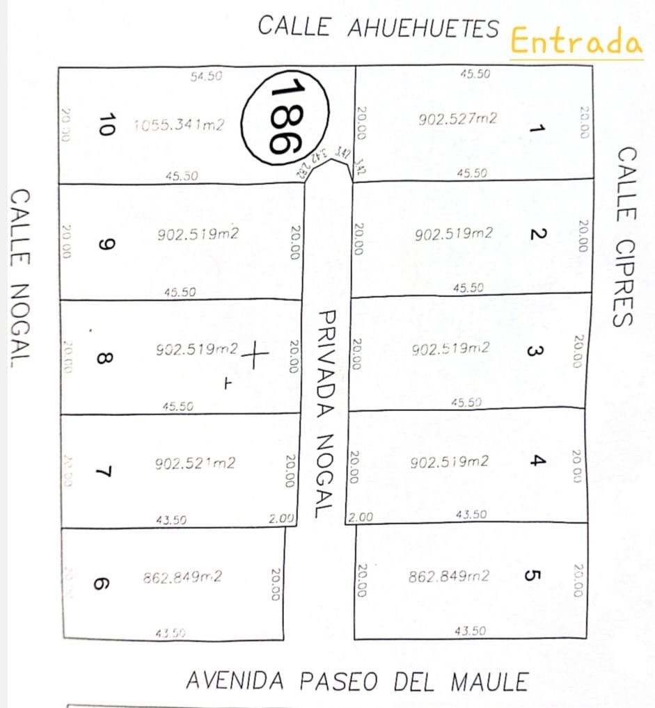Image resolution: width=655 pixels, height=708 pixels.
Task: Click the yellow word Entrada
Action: point(576,42)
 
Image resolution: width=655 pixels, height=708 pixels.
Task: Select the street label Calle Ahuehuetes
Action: point(378,27)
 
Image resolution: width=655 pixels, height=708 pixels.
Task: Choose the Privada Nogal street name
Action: point(324,413)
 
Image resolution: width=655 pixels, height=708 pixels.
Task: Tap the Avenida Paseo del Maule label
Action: point(356,681)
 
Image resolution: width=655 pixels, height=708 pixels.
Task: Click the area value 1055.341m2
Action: point(179,125)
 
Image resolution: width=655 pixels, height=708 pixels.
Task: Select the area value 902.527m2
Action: point(457,119)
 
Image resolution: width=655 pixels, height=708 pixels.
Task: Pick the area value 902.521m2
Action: point(195,462)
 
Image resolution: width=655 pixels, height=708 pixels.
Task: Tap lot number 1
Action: point(535,128)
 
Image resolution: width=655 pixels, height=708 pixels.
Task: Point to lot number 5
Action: point(532,576)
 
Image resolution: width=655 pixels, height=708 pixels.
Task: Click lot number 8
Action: point(102,359)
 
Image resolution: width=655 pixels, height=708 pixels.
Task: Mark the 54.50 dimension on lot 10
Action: point(206,76)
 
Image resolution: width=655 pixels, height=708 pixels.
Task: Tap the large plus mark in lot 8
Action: point(255,355)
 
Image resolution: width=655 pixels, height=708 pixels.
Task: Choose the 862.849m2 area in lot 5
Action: point(448,577)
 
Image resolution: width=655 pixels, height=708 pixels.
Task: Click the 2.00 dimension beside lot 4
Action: point(361,517)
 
